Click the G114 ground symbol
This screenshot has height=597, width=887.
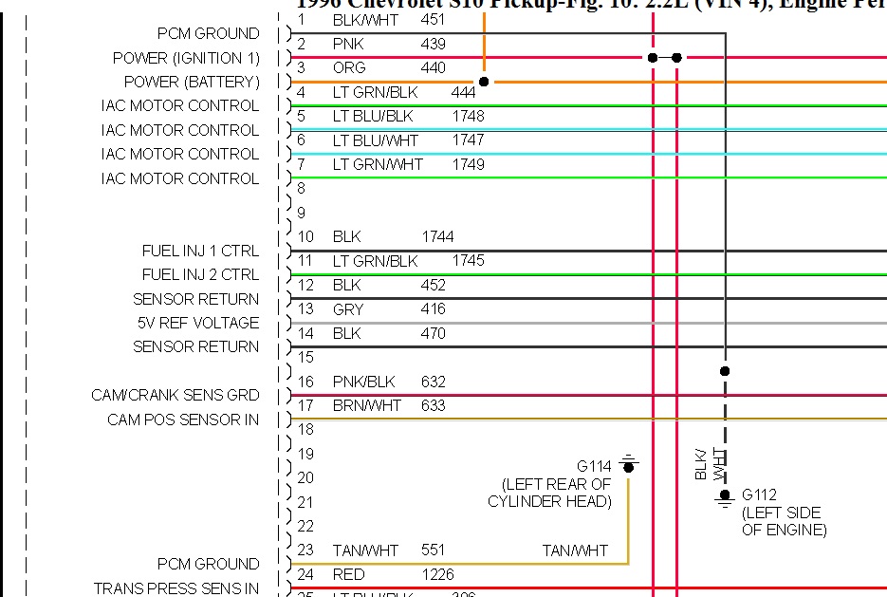pyautogui.click(x=628, y=465)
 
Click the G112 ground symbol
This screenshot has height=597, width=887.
pyautogui.click(x=725, y=495)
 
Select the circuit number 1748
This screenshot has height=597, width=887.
pyautogui.click(x=468, y=116)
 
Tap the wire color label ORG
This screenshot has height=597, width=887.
pyautogui.click(x=349, y=67)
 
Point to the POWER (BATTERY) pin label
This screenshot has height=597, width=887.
pyautogui.click(x=192, y=82)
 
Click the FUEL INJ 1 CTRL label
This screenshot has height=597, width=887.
pyautogui.click(x=200, y=251)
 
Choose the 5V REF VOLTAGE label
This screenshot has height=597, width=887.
pyautogui.click(x=197, y=323)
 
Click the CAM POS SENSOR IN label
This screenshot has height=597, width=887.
pyautogui.click(x=182, y=420)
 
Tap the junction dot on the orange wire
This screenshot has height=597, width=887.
pyautogui.click(x=484, y=82)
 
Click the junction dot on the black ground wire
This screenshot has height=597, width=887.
pyautogui.click(x=725, y=371)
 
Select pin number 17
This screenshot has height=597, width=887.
pyautogui.click(x=305, y=405)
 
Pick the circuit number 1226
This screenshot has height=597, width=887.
pyautogui.click(x=437, y=574)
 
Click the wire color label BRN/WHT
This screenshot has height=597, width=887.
pyautogui.click(x=367, y=405)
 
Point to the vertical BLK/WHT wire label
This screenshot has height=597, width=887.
pyautogui.click(x=710, y=463)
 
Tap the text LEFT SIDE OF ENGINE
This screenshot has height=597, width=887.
pyautogui.click(x=784, y=521)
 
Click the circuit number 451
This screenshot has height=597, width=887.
pyautogui.click(x=432, y=19)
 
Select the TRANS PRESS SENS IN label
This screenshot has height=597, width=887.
pyautogui.click(x=176, y=588)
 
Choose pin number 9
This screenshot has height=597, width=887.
pyautogui.click(x=302, y=213)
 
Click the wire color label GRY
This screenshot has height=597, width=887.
pyautogui.click(x=348, y=308)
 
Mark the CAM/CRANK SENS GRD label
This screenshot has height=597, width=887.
pyautogui.click(x=175, y=395)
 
